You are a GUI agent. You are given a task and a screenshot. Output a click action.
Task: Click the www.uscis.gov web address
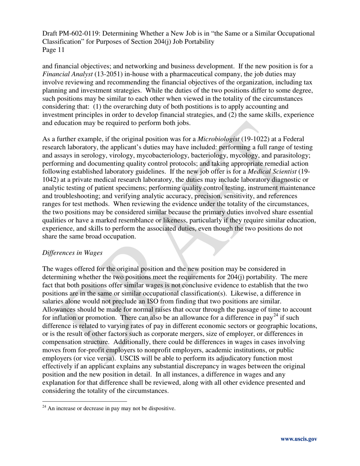click(299, 439)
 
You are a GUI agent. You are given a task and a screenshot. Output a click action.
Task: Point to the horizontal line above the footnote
click(85, 401)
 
